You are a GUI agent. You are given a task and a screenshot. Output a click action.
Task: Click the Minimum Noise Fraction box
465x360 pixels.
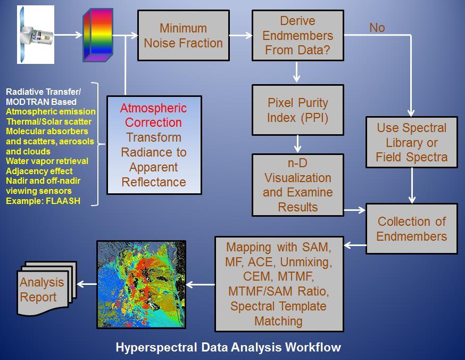click(x=183, y=36)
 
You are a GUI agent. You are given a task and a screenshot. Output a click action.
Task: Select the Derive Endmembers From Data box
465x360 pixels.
click(x=298, y=36)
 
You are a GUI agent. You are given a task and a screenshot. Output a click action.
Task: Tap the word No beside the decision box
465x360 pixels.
click(x=377, y=28)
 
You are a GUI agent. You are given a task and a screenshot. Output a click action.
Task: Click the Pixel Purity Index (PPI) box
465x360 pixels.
click(x=298, y=110)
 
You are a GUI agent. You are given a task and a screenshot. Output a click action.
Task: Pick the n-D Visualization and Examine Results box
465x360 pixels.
click(x=298, y=185)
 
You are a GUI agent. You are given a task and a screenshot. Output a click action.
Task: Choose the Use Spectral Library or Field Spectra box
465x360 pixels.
click(x=412, y=142)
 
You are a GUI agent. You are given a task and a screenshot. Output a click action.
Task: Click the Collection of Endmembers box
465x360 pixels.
click(x=412, y=228)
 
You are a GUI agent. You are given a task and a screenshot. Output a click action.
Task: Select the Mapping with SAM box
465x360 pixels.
click(x=279, y=284)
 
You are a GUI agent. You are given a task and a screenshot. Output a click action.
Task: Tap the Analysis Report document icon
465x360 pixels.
click(x=46, y=289)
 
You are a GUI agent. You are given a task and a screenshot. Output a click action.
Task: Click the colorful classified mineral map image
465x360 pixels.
click(x=142, y=284)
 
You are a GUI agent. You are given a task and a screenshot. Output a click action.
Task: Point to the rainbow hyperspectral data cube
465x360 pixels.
click(x=97, y=35)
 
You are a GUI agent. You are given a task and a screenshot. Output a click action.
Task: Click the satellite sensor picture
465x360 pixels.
click(x=36, y=35)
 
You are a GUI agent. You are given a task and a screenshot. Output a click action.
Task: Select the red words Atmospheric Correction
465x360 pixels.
click(x=153, y=115)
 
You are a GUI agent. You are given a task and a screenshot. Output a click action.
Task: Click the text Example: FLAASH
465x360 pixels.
click(x=43, y=201)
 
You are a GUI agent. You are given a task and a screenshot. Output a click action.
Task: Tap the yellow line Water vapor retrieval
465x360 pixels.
click(x=47, y=161)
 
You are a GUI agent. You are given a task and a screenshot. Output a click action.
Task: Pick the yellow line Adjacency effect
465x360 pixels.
click(x=39, y=171)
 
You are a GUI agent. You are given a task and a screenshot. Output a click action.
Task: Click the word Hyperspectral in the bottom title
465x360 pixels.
click(x=156, y=347)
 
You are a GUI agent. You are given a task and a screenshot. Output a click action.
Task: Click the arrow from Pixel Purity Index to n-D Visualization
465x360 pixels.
click(x=297, y=144)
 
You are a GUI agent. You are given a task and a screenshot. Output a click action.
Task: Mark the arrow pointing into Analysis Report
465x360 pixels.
click(x=87, y=284)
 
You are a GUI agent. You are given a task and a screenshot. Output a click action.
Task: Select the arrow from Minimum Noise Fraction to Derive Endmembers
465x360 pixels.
click(x=241, y=35)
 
